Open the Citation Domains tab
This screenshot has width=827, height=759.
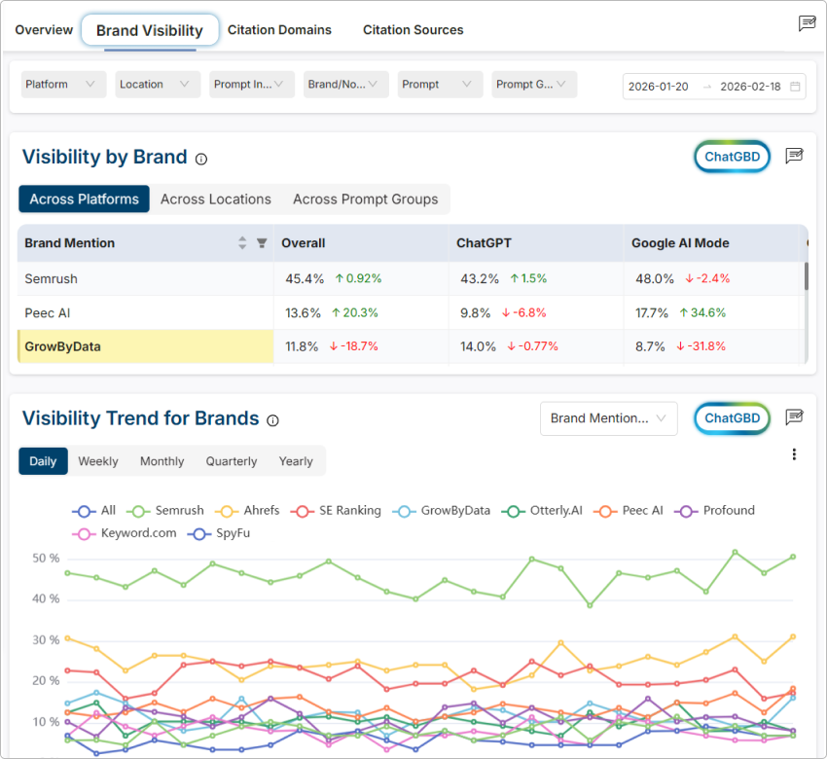click(x=279, y=30)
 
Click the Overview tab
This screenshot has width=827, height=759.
click(x=44, y=30)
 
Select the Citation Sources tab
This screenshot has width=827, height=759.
click(x=413, y=30)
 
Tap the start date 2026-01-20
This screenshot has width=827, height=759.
click(x=659, y=87)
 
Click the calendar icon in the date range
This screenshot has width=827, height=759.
click(x=795, y=87)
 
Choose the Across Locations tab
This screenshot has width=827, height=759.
click(x=216, y=199)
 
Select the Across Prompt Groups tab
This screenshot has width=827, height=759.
click(x=365, y=199)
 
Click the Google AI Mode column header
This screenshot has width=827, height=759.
click(x=680, y=243)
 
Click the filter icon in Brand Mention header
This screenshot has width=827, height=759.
click(x=262, y=243)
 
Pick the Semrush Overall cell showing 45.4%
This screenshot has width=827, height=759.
click(x=305, y=278)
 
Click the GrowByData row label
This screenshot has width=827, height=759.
click(x=62, y=345)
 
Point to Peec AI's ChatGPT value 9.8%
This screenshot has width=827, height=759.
click(x=476, y=312)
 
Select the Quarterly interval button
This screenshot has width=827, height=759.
click(x=232, y=461)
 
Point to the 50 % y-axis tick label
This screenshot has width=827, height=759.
click(x=47, y=559)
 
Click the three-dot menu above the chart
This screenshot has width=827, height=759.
click(x=794, y=454)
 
